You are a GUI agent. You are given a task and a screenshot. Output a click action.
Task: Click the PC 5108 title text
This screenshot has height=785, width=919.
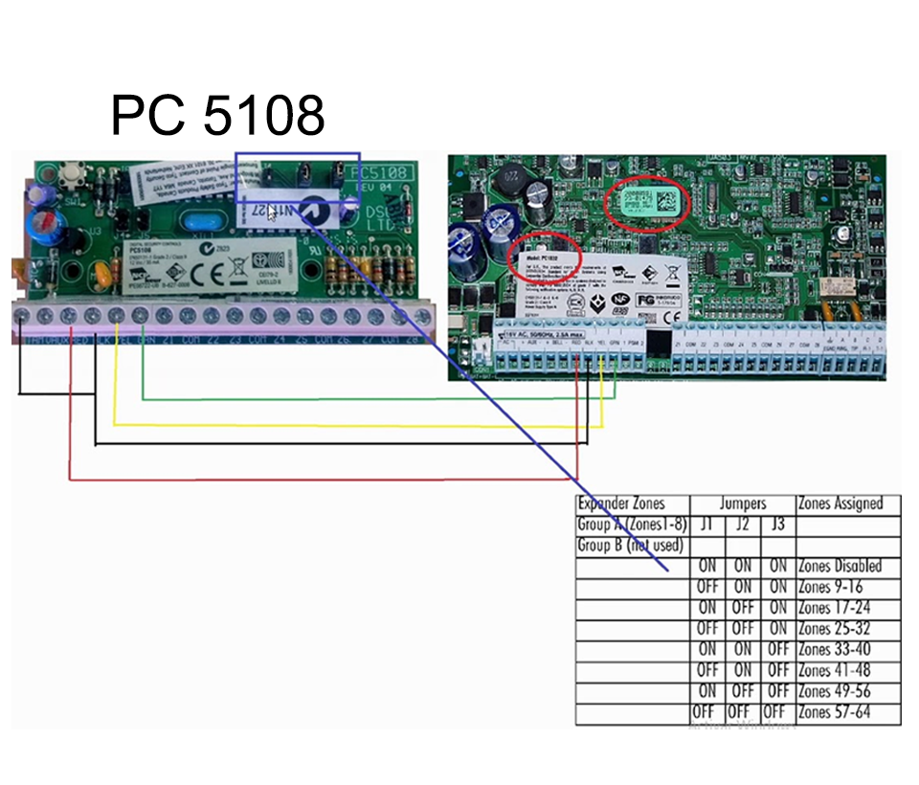pyautogui.click(x=217, y=116)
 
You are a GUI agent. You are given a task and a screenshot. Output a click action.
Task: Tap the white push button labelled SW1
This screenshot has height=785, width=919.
pyautogui.click(x=70, y=176)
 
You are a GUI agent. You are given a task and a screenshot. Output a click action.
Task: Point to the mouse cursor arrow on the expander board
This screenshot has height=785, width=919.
pyautogui.click(x=272, y=213)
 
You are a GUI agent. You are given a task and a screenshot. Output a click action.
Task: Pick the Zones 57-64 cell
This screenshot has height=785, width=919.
pyautogui.click(x=834, y=713)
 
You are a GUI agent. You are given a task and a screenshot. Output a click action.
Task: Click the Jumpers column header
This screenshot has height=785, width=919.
pyautogui.click(x=743, y=504)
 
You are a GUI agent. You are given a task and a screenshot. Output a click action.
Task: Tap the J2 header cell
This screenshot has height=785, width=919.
pyautogui.click(x=743, y=525)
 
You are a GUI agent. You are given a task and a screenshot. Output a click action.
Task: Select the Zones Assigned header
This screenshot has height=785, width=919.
pyautogui.click(x=848, y=504)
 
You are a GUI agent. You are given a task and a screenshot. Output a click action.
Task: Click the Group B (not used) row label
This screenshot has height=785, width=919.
pyautogui.click(x=630, y=546)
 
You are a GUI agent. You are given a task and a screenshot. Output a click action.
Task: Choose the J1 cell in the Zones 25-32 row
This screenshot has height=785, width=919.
pyautogui.click(x=707, y=629)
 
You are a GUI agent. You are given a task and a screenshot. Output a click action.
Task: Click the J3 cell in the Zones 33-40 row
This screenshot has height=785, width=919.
pyautogui.click(x=778, y=650)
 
